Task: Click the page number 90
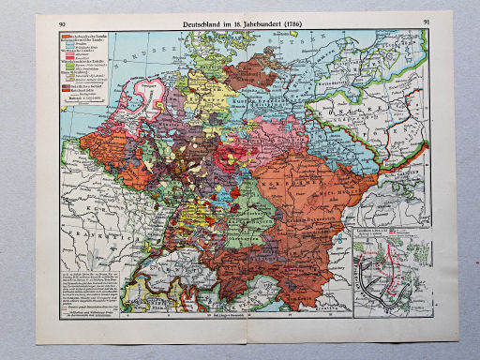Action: point(63,22)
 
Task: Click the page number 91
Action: point(427,21)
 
